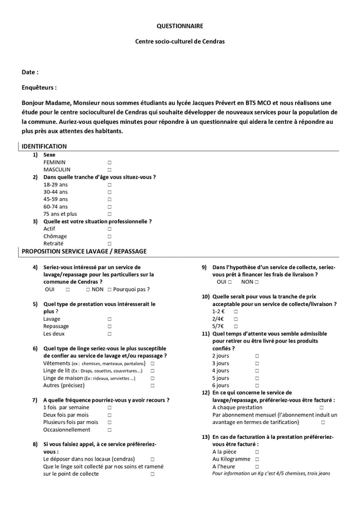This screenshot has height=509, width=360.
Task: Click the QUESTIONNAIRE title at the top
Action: (179, 26)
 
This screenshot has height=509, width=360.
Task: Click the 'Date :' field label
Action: (30, 72)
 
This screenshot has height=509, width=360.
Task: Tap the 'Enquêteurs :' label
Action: (39, 87)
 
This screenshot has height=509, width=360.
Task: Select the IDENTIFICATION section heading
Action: (44, 146)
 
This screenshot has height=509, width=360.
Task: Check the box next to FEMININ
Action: (109, 162)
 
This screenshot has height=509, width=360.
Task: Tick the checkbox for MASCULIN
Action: (109, 170)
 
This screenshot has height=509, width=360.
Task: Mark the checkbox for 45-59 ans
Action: (109, 199)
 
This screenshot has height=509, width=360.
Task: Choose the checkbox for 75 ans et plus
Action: (109, 214)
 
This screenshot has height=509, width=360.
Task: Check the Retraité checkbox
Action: (109, 244)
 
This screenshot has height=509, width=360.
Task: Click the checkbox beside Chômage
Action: (109, 237)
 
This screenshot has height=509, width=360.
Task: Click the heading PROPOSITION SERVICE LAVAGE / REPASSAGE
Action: (84, 251)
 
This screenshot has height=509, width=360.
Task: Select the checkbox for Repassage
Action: (109, 326)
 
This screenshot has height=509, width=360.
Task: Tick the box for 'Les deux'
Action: (109, 334)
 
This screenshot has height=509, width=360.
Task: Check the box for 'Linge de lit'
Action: (152, 371)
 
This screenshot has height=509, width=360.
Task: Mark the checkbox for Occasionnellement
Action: (109, 430)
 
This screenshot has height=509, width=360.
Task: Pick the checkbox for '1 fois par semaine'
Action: (109, 408)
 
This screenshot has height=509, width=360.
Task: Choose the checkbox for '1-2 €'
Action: (235, 311)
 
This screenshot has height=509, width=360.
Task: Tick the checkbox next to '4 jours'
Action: (257, 371)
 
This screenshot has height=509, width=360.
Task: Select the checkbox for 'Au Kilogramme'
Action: (257, 459)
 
